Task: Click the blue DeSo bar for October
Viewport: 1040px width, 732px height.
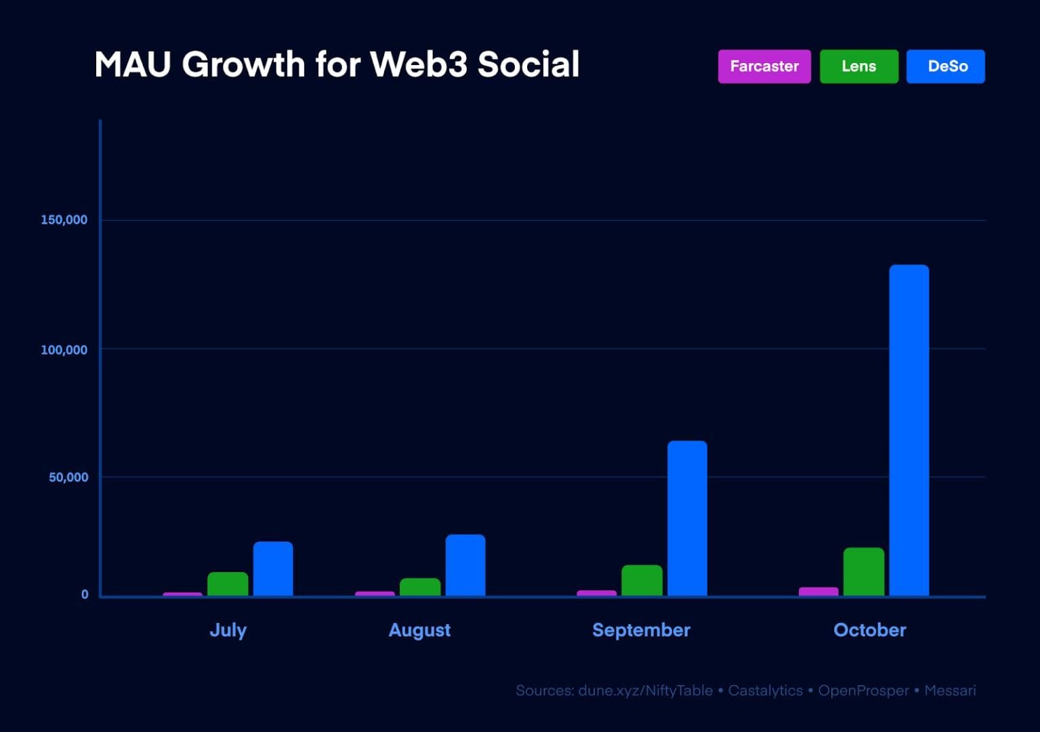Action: pyautogui.click(x=909, y=430)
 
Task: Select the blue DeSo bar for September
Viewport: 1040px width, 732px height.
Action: pyautogui.click(x=687, y=518)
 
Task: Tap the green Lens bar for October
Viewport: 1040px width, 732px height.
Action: pyautogui.click(x=863, y=572)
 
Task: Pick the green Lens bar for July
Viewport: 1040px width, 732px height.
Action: pyautogui.click(x=228, y=584)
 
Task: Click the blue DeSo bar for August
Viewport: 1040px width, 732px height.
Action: pyautogui.click(x=465, y=565)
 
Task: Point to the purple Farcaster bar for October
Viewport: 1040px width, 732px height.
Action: pyautogui.click(x=818, y=592)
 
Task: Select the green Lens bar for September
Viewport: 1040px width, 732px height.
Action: pyautogui.click(x=642, y=580)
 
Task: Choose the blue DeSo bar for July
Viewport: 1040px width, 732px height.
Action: pyautogui.click(x=273, y=569)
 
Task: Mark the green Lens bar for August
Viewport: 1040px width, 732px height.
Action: pyautogui.click(x=420, y=587)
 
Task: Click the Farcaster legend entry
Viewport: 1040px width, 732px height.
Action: pyautogui.click(x=764, y=66)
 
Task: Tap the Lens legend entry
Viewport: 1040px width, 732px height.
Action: pyautogui.click(x=858, y=66)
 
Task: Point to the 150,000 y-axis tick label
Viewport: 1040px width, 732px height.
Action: pyautogui.click(x=64, y=220)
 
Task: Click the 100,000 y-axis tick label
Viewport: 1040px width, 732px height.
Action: pyautogui.click(x=64, y=350)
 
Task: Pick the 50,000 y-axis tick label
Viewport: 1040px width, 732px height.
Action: pyautogui.click(x=68, y=477)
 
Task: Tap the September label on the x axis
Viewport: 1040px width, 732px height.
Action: pyautogui.click(x=641, y=630)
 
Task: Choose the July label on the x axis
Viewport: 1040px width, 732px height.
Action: pyautogui.click(x=228, y=630)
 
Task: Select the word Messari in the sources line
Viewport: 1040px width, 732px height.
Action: pyautogui.click(x=950, y=691)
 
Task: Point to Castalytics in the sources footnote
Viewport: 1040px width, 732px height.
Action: pyautogui.click(x=765, y=691)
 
